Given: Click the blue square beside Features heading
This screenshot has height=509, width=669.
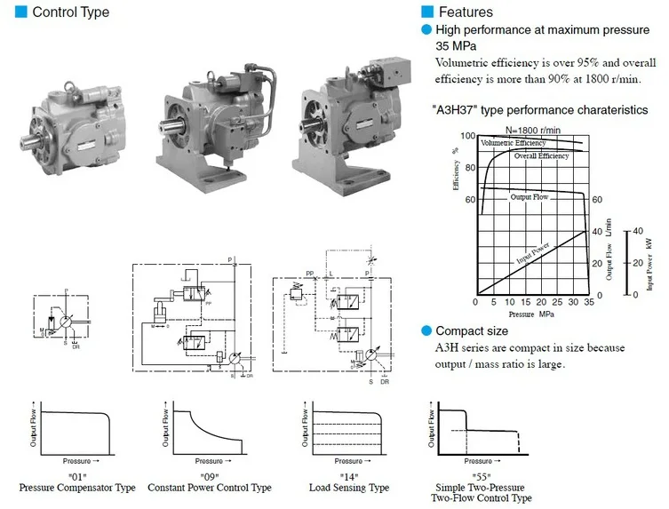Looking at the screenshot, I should tap(427, 12).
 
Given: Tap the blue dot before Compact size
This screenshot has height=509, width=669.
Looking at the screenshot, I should tap(426, 331).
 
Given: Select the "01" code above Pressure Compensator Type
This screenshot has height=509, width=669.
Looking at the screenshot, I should tap(76, 476).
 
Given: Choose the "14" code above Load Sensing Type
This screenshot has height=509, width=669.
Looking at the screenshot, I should tap(348, 476).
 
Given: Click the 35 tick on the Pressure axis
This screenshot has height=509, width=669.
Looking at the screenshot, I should tap(588, 302).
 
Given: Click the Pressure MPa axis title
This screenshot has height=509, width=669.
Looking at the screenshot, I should tap(531, 314).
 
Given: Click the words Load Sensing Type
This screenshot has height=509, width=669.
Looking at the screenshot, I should tap(349, 488).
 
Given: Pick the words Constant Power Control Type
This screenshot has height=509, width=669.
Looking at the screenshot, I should tap(210, 488).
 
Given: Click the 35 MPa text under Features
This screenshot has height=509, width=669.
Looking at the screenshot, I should tap(454, 45).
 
